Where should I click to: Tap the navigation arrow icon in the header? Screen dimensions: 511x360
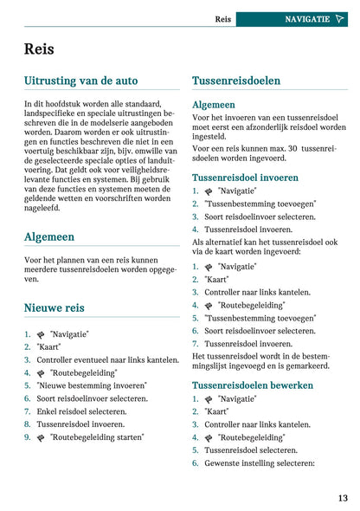click(339, 18)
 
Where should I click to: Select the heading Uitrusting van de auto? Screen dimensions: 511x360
click(80, 81)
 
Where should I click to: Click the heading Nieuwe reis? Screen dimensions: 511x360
click(54, 307)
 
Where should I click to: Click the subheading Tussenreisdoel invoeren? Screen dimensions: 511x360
click(245, 178)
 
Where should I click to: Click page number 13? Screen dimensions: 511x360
click(343, 498)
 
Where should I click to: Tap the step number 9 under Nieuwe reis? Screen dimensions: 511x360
click(28, 437)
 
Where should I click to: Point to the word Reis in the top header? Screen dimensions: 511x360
click(222, 18)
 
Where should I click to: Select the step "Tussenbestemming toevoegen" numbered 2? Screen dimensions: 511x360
click(260, 204)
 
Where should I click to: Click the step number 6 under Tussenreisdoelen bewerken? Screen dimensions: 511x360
click(196, 463)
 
